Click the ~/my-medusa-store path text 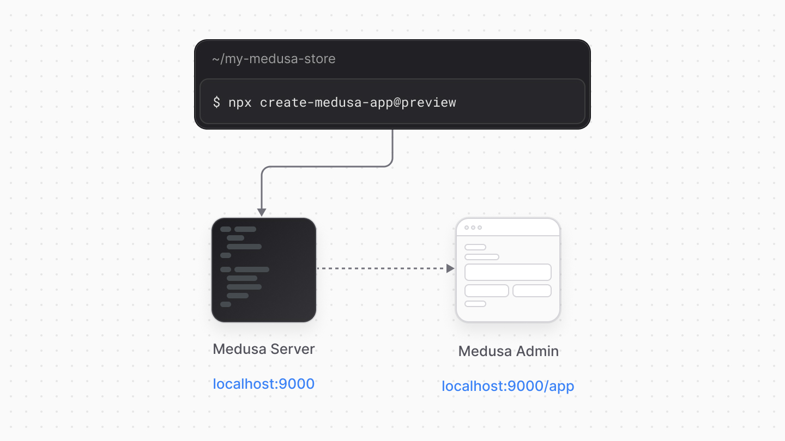coord(274,59)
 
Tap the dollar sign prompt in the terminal coord(216,102)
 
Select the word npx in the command coord(240,102)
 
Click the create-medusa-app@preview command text coord(358,102)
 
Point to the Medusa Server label coord(264,349)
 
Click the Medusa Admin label coord(508,351)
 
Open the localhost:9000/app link coord(508,387)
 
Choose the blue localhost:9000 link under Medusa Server coord(264,384)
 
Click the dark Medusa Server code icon coord(264,270)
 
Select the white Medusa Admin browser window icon coord(508,270)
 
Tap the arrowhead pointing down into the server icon coord(262,212)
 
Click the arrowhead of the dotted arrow coord(450,268)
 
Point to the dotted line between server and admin coord(382,268)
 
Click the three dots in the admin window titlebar coord(473,228)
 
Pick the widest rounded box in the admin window coord(508,272)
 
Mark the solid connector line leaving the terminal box coord(392,147)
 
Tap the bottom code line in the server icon coord(226,304)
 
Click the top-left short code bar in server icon coord(226,229)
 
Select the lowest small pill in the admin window coord(475,304)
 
